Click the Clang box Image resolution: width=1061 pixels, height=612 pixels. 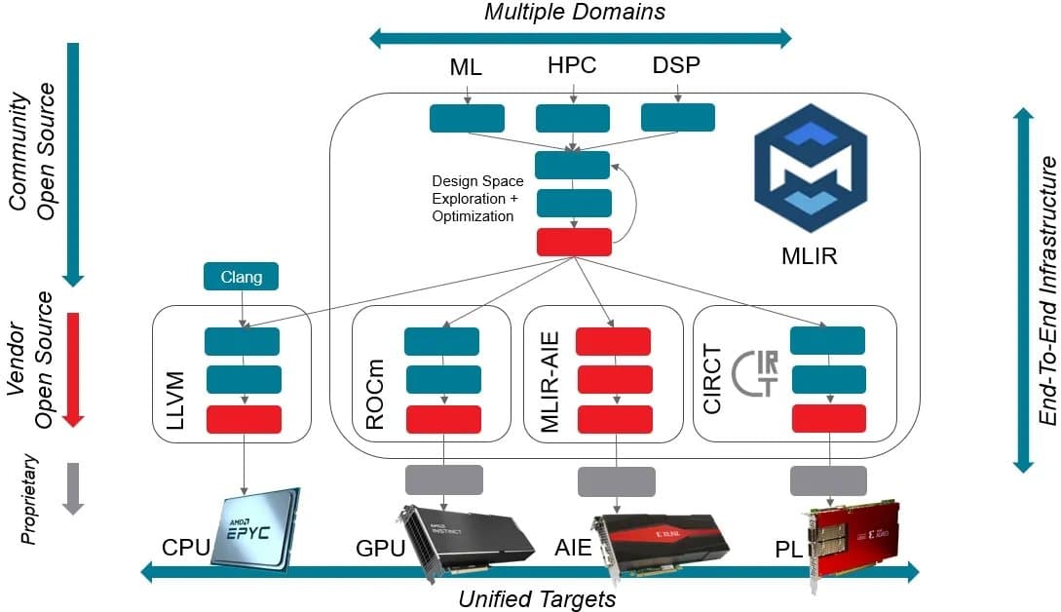(x=241, y=277)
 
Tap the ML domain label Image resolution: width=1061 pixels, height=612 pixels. (x=466, y=68)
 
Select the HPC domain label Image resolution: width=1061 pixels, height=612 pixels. (x=572, y=66)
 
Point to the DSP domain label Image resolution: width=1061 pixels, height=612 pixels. (x=675, y=66)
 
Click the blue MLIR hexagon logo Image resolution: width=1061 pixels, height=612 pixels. (x=810, y=171)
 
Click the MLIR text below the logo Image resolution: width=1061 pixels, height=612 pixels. (x=811, y=258)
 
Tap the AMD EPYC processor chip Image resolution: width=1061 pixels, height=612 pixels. (x=253, y=525)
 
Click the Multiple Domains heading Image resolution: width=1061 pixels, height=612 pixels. (x=575, y=12)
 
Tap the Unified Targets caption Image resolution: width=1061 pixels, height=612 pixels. (x=537, y=598)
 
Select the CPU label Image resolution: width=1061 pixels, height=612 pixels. (x=185, y=547)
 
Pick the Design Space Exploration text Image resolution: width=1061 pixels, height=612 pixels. (x=477, y=199)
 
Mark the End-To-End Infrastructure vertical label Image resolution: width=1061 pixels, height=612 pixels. (x=1046, y=289)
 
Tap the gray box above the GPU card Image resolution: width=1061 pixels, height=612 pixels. (x=443, y=479)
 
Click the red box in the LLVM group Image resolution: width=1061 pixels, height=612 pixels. (x=243, y=419)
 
